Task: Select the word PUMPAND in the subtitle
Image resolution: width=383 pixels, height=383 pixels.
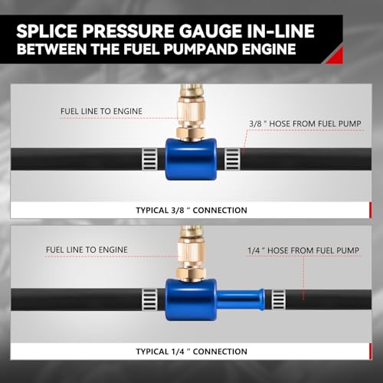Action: (x=201, y=49)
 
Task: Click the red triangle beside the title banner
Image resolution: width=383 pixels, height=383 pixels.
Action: (x=335, y=55)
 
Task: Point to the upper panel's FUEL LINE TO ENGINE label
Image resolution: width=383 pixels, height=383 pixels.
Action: (x=101, y=111)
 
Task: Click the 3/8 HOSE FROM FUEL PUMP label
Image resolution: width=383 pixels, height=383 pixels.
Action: (x=305, y=124)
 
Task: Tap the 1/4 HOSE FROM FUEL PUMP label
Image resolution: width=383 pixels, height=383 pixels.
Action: (x=303, y=250)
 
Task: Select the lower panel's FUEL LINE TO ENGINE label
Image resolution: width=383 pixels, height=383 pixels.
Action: (x=87, y=250)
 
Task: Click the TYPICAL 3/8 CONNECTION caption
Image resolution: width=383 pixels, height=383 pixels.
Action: (x=191, y=211)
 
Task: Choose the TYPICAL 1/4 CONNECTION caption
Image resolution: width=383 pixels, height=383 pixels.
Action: (x=191, y=352)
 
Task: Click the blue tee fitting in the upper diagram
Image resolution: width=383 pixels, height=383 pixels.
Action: (x=191, y=159)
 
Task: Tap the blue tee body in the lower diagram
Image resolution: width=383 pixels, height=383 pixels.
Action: (x=191, y=300)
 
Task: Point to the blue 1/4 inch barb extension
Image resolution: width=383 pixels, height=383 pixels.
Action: (x=241, y=300)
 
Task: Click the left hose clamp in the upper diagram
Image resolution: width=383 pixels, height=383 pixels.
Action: (x=149, y=159)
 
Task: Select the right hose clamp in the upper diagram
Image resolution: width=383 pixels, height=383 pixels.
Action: (x=232, y=159)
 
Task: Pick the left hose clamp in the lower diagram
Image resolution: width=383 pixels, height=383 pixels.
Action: (x=149, y=300)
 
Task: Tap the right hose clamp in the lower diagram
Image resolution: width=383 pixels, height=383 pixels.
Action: (x=278, y=300)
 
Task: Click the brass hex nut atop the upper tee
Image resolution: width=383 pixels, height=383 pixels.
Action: (x=191, y=133)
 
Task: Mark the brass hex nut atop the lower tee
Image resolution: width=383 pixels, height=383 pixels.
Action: (x=191, y=274)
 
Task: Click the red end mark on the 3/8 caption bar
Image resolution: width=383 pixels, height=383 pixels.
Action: (x=371, y=211)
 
